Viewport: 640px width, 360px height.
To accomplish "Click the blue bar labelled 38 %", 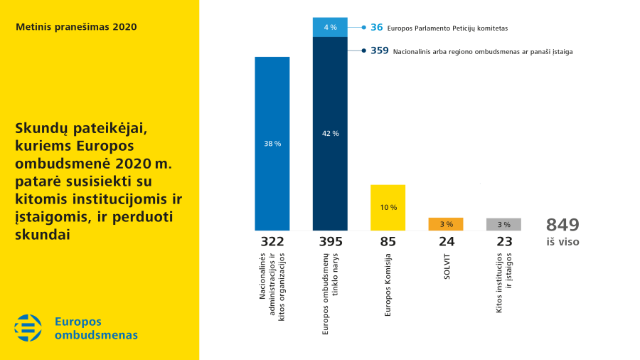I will click(272, 143).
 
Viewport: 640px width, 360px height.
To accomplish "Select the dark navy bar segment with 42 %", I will click(330, 133).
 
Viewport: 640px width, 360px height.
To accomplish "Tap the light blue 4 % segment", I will click(330, 27).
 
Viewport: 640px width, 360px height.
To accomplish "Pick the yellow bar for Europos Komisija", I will click(388, 207).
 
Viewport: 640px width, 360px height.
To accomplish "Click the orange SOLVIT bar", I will click(446, 224).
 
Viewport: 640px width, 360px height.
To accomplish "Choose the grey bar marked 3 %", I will click(503, 224).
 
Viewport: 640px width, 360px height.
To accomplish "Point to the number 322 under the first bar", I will click(272, 242).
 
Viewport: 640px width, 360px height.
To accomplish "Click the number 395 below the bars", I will click(330, 242).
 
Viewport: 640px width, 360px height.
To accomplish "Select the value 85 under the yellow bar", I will click(388, 242).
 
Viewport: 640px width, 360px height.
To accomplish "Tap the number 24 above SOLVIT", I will click(446, 242).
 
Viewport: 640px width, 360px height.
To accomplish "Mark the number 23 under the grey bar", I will click(504, 242).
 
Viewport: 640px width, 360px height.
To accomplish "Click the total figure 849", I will click(562, 226).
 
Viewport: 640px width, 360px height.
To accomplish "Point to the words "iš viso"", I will click(562, 242).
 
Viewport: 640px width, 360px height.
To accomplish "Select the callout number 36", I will click(377, 28).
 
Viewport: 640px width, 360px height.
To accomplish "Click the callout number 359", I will click(380, 51).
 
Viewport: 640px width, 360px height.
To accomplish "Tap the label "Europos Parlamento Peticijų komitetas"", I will click(447, 28).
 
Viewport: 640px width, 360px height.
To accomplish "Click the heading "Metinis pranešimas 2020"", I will click(76, 27).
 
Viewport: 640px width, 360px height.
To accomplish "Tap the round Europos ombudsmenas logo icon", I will click(28, 328).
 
